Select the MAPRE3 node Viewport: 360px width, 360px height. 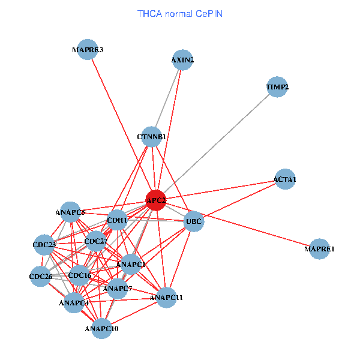click(88, 50)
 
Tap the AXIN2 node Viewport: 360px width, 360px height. click(182, 60)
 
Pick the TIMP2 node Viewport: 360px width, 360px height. click(277, 88)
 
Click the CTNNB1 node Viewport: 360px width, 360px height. click(152, 137)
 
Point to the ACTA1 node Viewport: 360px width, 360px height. click(285, 179)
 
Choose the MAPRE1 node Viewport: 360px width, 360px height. click(320, 249)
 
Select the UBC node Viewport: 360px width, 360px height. click(194, 221)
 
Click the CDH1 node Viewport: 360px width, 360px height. click(117, 220)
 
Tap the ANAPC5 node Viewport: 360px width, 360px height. click(71, 212)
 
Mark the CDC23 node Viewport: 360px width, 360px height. click(44, 244)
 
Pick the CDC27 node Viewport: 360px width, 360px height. click(95, 242)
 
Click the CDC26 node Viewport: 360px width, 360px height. click(41, 277)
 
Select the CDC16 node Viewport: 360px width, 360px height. click(80, 276)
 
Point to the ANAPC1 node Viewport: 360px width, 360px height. click(131, 264)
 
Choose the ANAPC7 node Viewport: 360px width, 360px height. click(118, 289)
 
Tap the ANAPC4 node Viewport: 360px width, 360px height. click(74, 302)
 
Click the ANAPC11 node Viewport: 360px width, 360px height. click(166, 297)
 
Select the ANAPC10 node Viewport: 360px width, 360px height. click(101, 328)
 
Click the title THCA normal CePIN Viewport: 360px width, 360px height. click(179, 13)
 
